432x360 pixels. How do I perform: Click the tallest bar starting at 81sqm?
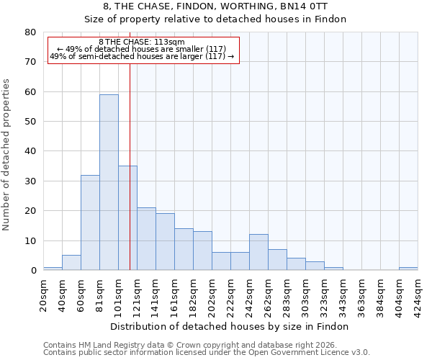[109, 182]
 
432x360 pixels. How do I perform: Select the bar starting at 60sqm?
[90, 222]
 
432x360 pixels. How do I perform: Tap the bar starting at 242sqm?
[258, 252]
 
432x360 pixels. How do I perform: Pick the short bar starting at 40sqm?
[71, 263]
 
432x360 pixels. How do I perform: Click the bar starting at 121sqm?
[146, 239]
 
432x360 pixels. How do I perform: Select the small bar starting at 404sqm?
[408, 269]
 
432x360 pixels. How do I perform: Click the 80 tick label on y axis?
[30, 32]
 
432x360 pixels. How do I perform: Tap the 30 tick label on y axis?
[30, 181]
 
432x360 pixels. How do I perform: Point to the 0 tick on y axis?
[33, 271]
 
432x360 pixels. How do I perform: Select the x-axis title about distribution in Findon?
[230, 326]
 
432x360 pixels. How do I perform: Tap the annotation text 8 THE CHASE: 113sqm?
[142, 42]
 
